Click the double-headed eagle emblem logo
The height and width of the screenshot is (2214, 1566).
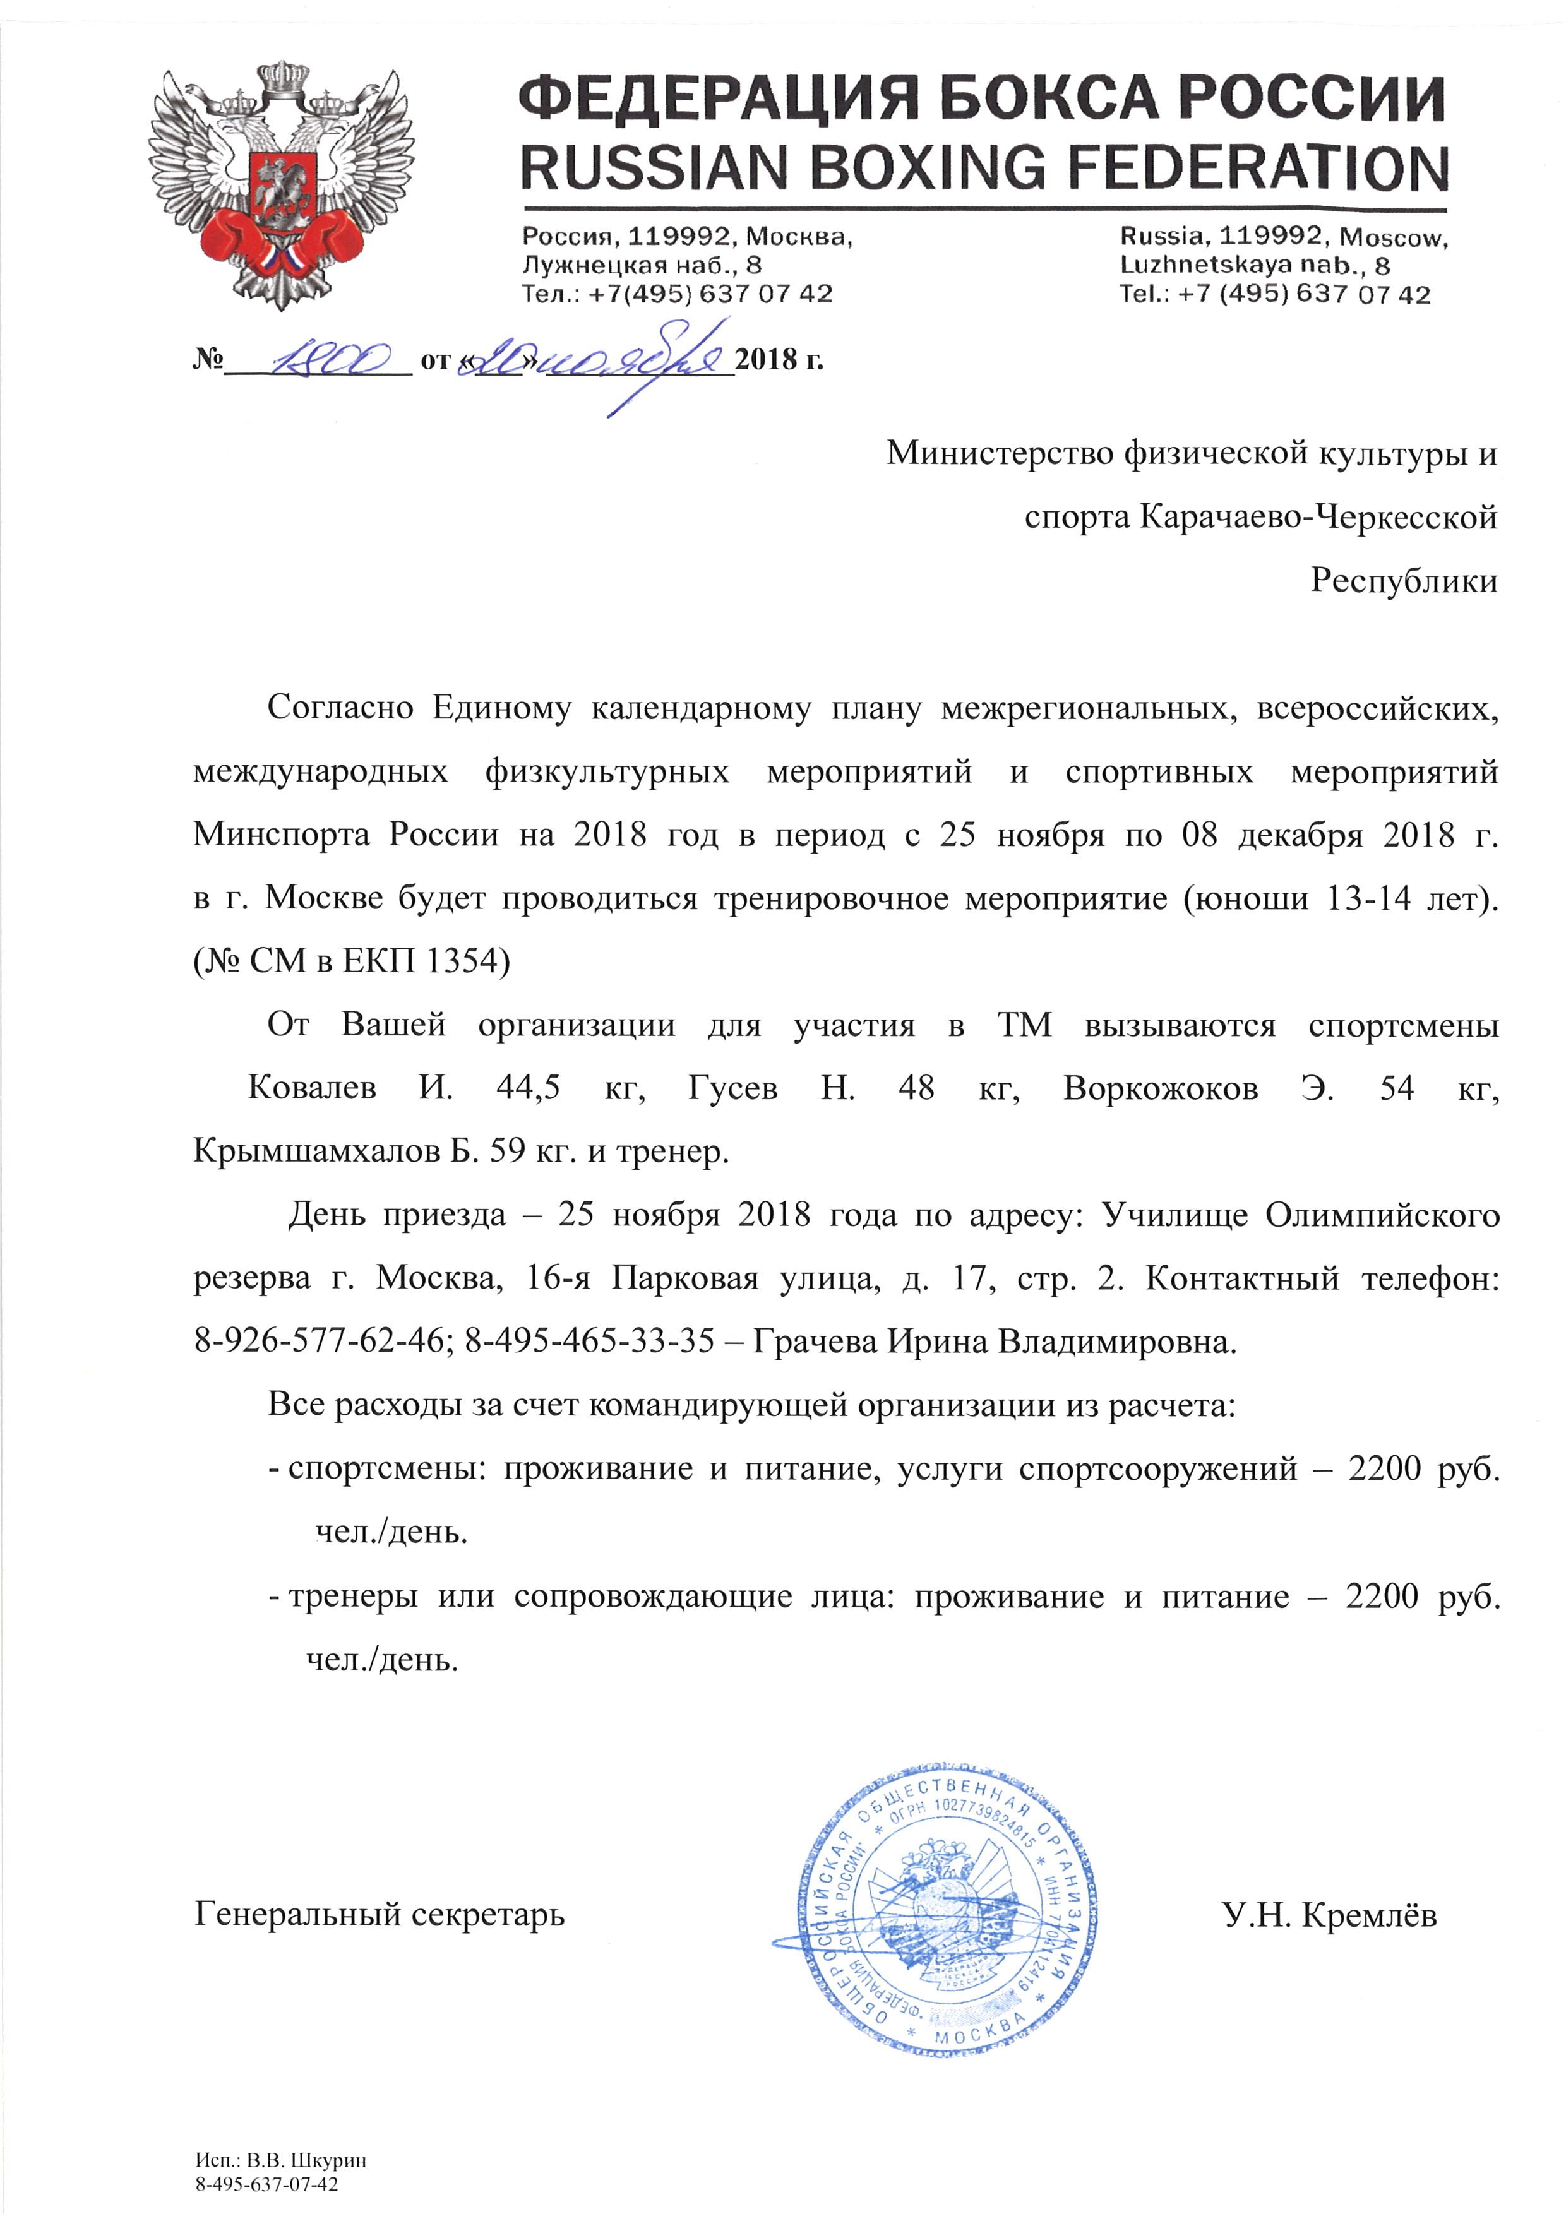pyautogui.click(x=280, y=183)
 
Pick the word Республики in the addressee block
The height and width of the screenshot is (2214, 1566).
pyautogui.click(x=1403, y=581)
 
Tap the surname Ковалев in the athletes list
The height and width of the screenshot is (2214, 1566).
pyautogui.click(x=311, y=1088)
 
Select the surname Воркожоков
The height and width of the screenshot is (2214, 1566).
pyautogui.click(x=1160, y=1088)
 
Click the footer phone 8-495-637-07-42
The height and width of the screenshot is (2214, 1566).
pyautogui.click(x=267, y=2184)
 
